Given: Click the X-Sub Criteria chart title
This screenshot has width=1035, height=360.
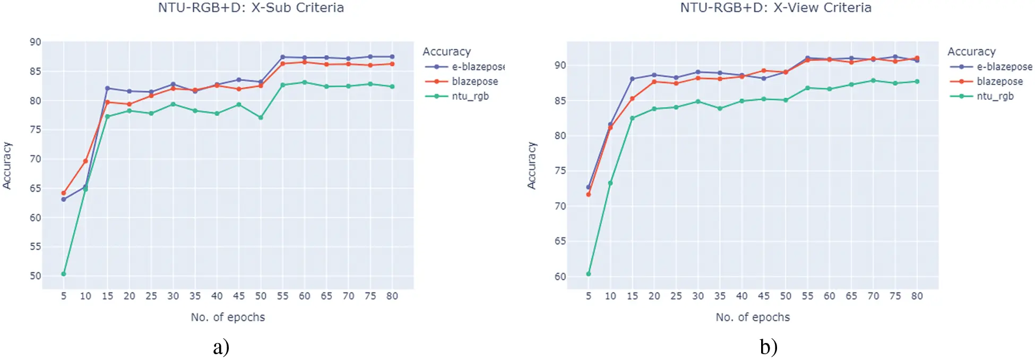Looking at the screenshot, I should point(251,8).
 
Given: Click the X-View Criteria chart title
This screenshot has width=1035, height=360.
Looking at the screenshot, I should point(775,8).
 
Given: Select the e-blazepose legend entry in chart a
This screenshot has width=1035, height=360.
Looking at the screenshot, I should point(477,67).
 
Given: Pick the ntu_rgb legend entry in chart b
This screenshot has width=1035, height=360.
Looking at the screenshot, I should point(995,96).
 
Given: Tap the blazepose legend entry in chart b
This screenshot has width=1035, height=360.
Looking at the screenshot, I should point(999,81).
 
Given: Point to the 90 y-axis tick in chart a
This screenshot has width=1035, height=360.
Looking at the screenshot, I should point(35,42).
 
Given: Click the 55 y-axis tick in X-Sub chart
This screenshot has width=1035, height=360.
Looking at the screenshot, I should point(35,246).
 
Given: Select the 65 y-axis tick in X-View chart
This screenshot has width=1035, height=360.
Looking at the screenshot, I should point(560,241).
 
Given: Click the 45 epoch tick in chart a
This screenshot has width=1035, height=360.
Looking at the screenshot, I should point(239,296).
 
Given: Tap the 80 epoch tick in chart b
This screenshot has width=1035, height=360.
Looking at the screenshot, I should point(917,296).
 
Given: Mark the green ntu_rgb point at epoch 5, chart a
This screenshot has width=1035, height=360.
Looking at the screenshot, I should point(64,274).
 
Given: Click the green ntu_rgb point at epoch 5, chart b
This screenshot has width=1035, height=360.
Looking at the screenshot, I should point(588,274).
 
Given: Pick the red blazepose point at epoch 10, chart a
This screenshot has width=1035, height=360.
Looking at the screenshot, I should point(85,161).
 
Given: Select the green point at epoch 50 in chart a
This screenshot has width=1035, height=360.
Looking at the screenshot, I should point(261,117).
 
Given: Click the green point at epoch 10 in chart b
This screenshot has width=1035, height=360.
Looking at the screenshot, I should point(610,183).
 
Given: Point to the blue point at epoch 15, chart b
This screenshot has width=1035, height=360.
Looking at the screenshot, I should point(632,79).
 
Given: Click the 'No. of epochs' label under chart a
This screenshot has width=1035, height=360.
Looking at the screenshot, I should point(228,318).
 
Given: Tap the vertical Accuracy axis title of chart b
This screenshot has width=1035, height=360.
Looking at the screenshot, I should point(531,166).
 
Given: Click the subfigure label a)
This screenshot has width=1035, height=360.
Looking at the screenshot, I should point(221,347).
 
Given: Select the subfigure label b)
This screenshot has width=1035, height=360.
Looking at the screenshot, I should point(768,347).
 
